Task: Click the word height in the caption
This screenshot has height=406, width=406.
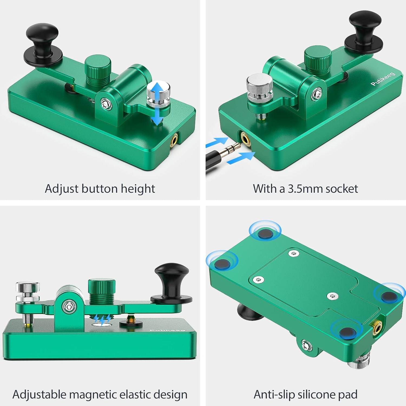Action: [x=138, y=189]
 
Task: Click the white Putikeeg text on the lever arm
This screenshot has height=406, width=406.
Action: [x=383, y=79]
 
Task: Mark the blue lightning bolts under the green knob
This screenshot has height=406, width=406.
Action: [x=102, y=319]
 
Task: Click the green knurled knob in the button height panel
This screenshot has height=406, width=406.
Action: [x=98, y=68]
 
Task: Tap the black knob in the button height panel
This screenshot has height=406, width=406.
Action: [x=42, y=43]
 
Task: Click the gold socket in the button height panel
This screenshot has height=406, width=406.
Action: [x=174, y=140]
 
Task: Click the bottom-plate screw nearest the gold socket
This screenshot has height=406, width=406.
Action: [x=332, y=296]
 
